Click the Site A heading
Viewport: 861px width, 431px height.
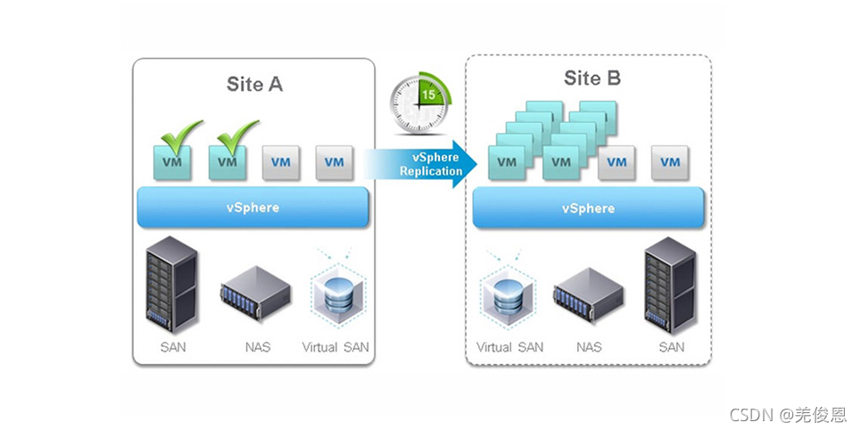pos(254,85)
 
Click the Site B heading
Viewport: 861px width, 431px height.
pos(592,79)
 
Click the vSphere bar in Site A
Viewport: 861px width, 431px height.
pos(253,208)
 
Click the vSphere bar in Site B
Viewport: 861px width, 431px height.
pos(588,208)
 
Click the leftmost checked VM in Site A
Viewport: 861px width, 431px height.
pos(172,162)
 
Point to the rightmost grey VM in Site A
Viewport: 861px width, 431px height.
pos(334,162)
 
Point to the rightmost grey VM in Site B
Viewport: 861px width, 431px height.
pos(669,162)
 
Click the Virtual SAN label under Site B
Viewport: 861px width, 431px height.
pos(509,347)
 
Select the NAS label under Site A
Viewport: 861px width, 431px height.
pos(257,347)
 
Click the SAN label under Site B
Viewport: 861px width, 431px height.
pos(671,347)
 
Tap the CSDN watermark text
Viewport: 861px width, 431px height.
pos(788,414)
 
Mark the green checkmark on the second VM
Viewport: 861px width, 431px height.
pos(234,137)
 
